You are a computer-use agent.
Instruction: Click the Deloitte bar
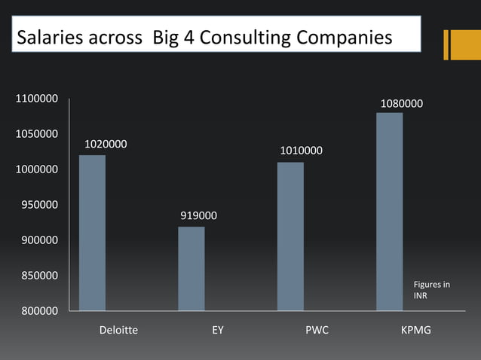coord(92,233)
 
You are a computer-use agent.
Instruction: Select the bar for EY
coord(191,268)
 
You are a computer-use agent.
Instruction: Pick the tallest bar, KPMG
coord(389,212)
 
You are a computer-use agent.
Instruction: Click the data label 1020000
coord(106,143)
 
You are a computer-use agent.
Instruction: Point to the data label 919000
coord(199,216)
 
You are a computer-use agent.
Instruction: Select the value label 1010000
coord(302,151)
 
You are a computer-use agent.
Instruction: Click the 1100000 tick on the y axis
coord(35,99)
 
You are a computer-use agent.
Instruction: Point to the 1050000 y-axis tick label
coord(35,134)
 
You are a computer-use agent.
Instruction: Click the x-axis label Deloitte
coord(118,330)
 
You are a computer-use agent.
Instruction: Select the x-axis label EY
coord(218,330)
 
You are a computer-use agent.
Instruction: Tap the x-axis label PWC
coord(317,330)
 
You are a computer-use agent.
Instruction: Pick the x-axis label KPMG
coord(416,330)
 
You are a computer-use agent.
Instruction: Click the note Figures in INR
coord(431,290)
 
